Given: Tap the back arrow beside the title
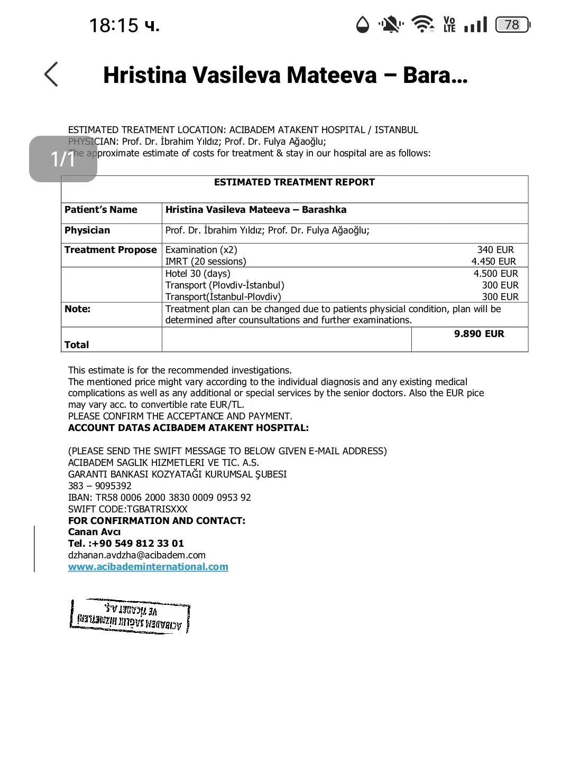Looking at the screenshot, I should click(x=51, y=74).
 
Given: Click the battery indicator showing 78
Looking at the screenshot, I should click(x=512, y=25).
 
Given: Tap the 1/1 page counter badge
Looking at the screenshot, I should click(x=63, y=159).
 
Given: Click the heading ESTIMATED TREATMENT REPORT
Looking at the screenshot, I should click(x=294, y=182).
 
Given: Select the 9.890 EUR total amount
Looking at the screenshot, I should click(x=479, y=334).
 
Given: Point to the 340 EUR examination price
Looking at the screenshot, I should click(x=495, y=250).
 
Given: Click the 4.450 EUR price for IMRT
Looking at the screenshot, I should click(x=493, y=261).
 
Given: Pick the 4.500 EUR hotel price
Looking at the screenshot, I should click(x=495, y=274).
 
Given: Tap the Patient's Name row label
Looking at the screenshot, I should click(x=101, y=210).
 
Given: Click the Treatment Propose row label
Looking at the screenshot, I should click(x=110, y=250).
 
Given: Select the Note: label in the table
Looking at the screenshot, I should click(x=77, y=309).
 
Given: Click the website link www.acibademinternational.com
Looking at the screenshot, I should click(x=148, y=567).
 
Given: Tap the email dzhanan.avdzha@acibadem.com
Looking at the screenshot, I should click(x=137, y=555).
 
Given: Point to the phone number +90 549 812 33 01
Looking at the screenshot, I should click(x=137, y=544).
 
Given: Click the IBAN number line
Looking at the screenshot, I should click(x=160, y=498).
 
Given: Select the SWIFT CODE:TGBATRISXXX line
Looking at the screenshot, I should click(x=128, y=509).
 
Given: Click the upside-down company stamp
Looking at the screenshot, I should click(x=130, y=616).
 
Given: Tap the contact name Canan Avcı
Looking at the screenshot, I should click(x=95, y=532).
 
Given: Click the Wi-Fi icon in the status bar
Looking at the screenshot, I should click(x=422, y=24).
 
